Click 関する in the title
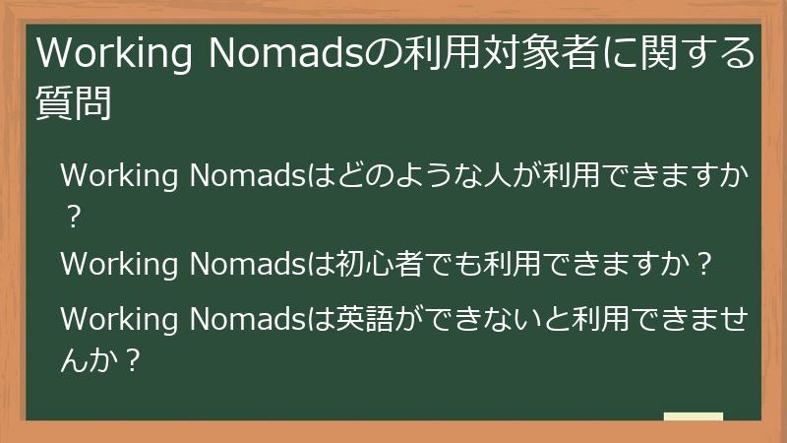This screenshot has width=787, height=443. pos(703,55)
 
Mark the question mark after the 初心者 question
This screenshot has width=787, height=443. pos(702,266)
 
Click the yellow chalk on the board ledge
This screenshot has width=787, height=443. pos(694,417)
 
